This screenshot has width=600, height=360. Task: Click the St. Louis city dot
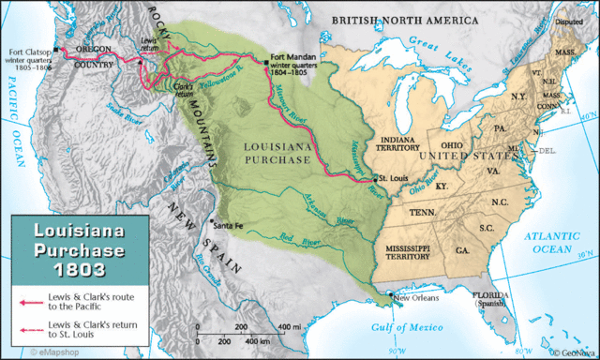click(x=374, y=178)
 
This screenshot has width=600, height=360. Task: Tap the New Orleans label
click(x=417, y=299)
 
